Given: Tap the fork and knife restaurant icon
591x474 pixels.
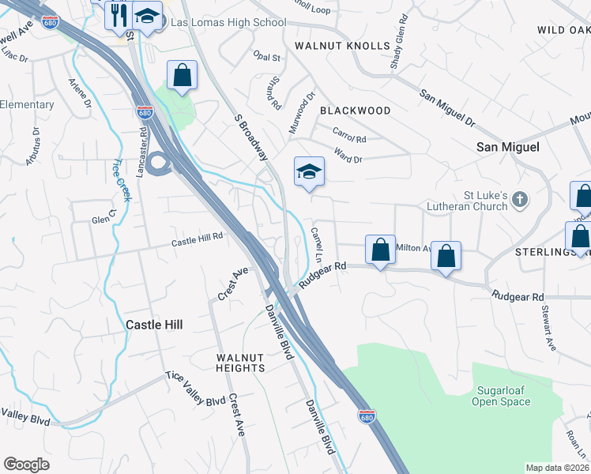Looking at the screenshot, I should tap(119, 15).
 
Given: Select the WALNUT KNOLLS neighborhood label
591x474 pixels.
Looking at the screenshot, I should tap(342, 47).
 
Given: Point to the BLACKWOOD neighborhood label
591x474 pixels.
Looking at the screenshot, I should tap(354, 111).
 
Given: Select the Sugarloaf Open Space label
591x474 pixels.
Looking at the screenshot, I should tap(501, 396).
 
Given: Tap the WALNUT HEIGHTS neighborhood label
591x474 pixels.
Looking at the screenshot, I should tap(240, 363).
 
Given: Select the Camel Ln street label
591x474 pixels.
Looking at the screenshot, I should tap(318, 245).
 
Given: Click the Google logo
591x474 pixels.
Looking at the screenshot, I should tap(27, 465).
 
